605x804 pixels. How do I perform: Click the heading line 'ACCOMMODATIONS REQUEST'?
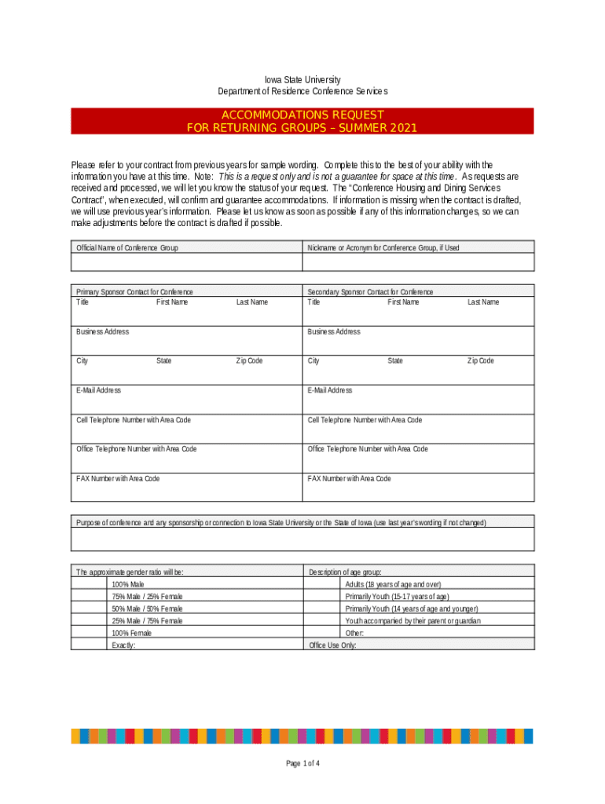(302, 115)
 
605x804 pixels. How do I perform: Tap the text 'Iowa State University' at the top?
(302, 79)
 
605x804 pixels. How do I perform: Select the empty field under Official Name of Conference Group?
(186, 262)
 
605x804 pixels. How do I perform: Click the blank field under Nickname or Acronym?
(418, 262)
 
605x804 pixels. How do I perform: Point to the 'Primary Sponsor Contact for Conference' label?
(134, 292)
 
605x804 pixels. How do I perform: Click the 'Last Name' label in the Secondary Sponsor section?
(483, 302)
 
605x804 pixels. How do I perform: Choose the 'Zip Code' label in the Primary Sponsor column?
(250, 361)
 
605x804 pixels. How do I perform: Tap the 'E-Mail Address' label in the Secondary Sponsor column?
(330, 390)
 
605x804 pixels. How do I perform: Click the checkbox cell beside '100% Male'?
(89, 585)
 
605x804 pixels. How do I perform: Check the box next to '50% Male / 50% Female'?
(89, 608)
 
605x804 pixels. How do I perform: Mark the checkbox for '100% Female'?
(89, 633)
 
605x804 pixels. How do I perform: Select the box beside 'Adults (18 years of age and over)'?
(321, 585)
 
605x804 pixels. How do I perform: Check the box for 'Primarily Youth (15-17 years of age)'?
(321, 597)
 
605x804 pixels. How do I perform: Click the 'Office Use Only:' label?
(332, 645)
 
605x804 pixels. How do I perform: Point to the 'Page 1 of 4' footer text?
(302, 764)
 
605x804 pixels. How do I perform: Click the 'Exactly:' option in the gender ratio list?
(123, 645)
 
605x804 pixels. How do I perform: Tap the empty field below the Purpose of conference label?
(302, 539)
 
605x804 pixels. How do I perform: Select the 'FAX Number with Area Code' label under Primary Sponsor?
(118, 479)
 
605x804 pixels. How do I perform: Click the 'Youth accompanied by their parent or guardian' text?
(412, 621)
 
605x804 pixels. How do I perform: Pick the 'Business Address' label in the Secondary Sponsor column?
(334, 332)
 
